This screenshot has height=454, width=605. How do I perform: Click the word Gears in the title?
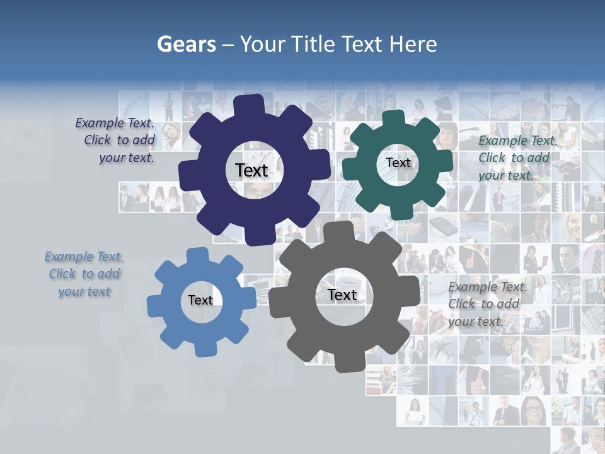pyautogui.click(x=186, y=44)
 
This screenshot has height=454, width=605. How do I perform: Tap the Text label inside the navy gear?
pyautogui.click(x=251, y=170)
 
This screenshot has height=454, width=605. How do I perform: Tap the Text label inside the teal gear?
pyautogui.click(x=398, y=163)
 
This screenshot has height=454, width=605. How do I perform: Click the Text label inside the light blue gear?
pyautogui.click(x=200, y=300)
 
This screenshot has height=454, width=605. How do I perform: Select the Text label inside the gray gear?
pyautogui.click(x=342, y=294)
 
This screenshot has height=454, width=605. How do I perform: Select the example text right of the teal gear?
pyautogui.click(x=517, y=158)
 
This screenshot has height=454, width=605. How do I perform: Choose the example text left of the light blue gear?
pyautogui.click(x=84, y=274)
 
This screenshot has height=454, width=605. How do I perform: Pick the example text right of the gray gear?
pyautogui.click(x=487, y=304)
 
